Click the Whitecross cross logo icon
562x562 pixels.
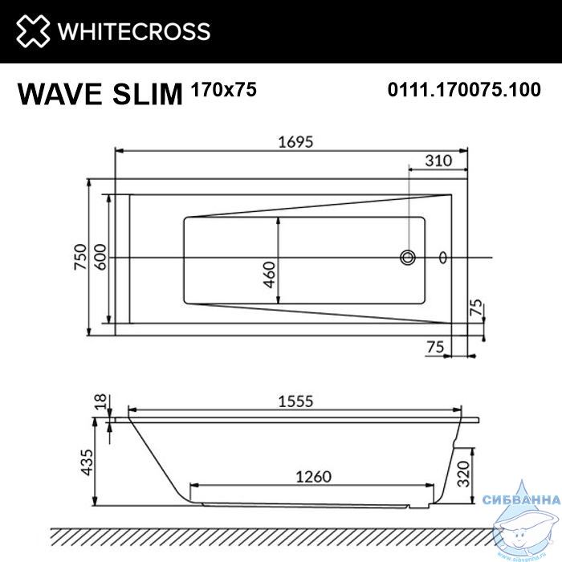pyautogui.click(x=33, y=31)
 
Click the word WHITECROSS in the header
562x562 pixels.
pyautogui.click(x=134, y=31)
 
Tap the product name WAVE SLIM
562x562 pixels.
pyautogui.click(x=100, y=94)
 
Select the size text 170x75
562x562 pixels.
pyautogui.click(x=224, y=89)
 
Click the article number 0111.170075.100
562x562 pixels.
pyautogui.click(x=464, y=89)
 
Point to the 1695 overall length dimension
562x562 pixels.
pyautogui.click(x=295, y=142)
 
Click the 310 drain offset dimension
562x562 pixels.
pyautogui.click(x=438, y=161)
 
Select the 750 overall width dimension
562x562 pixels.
pyautogui.click(x=80, y=257)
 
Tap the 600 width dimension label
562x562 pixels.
pyautogui.click(x=100, y=257)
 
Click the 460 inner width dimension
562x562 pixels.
pyautogui.click(x=269, y=275)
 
